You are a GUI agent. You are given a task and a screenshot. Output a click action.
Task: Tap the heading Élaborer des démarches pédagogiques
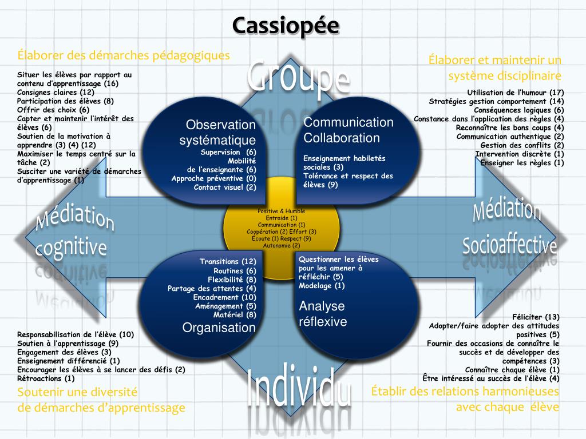pyautogui.click(x=124, y=55)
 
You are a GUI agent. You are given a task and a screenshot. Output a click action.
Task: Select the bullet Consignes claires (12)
pyautogui.click(x=56, y=92)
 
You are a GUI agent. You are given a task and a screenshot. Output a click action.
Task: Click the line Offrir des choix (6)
pyautogui.click(x=53, y=110)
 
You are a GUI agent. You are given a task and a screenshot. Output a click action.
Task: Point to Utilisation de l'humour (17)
pyautogui.click(x=516, y=93)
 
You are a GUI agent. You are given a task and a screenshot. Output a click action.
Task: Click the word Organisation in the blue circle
pyautogui.click(x=219, y=328)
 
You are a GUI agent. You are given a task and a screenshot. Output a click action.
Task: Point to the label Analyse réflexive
pyautogui.click(x=323, y=314)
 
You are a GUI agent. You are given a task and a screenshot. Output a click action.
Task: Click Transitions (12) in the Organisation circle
pyautogui.click(x=228, y=262)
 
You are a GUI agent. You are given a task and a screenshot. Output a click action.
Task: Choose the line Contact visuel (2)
pyautogui.click(x=225, y=187)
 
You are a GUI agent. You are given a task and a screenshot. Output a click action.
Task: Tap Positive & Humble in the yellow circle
pyautogui.click(x=281, y=211)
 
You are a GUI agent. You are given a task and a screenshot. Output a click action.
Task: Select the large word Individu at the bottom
pyautogui.click(x=299, y=389)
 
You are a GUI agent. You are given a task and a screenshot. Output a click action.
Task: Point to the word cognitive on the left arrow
pyautogui.click(x=71, y=247)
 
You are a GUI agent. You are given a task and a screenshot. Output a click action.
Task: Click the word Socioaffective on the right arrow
pyautogui.click(x=509, y=245)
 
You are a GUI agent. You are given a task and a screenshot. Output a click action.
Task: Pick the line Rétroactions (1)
pyautogui.click(x=46, y=378)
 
